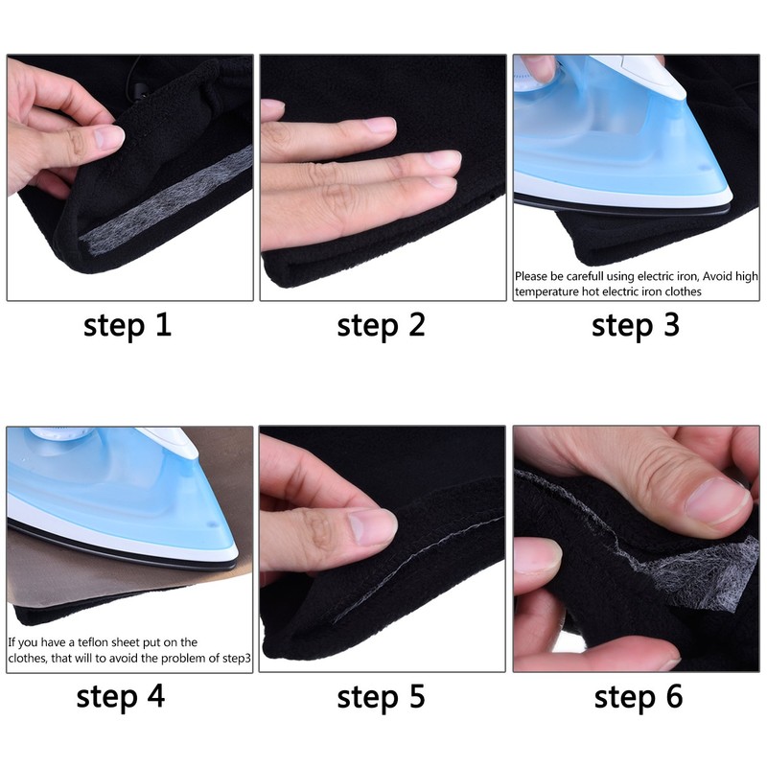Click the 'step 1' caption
(128, 325)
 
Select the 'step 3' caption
(636, 325)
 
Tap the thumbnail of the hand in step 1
(105, 138)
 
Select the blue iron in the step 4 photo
(115, 499)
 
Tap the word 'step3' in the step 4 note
(231, 658)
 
